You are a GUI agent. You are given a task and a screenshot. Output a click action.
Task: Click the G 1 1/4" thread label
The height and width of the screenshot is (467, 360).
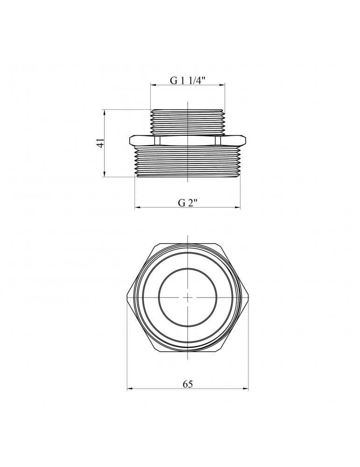click(188, 80)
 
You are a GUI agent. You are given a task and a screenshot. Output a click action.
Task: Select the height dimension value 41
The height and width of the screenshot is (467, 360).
click(101, 143)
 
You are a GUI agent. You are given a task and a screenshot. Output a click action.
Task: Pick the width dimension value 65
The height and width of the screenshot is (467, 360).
click(188, 384)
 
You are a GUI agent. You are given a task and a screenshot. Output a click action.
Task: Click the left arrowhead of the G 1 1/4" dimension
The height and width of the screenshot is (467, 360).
click(153, 85)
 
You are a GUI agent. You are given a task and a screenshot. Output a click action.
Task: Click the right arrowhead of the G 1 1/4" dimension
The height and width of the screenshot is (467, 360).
click(222, 85)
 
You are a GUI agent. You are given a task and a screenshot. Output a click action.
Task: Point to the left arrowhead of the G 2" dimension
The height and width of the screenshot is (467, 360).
click(138, 207)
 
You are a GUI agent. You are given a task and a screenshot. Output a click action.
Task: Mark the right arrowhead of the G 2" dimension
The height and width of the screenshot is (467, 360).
click(238, 207)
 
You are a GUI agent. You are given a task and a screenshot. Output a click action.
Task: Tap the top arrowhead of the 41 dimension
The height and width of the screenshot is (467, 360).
click(105, 113)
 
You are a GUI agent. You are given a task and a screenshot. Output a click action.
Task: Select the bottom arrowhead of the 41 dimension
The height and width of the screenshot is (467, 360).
click(105, 174)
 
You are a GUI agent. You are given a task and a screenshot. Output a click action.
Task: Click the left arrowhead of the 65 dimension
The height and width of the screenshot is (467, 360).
click(130, 389)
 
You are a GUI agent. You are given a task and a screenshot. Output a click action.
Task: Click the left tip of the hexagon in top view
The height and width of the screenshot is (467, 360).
click(127, 297)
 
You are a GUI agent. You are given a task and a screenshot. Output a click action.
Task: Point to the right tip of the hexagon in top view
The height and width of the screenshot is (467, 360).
click(248, 297)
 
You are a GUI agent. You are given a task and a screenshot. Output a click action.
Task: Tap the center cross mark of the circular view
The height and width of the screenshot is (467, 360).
click(188, 297)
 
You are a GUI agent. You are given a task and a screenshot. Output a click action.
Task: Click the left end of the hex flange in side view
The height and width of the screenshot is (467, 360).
click(129, 140)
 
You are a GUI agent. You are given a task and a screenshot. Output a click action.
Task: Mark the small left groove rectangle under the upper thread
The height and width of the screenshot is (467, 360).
click(157, 140)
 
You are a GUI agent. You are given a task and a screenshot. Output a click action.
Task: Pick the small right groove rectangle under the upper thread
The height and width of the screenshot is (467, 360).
click(218, 140)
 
